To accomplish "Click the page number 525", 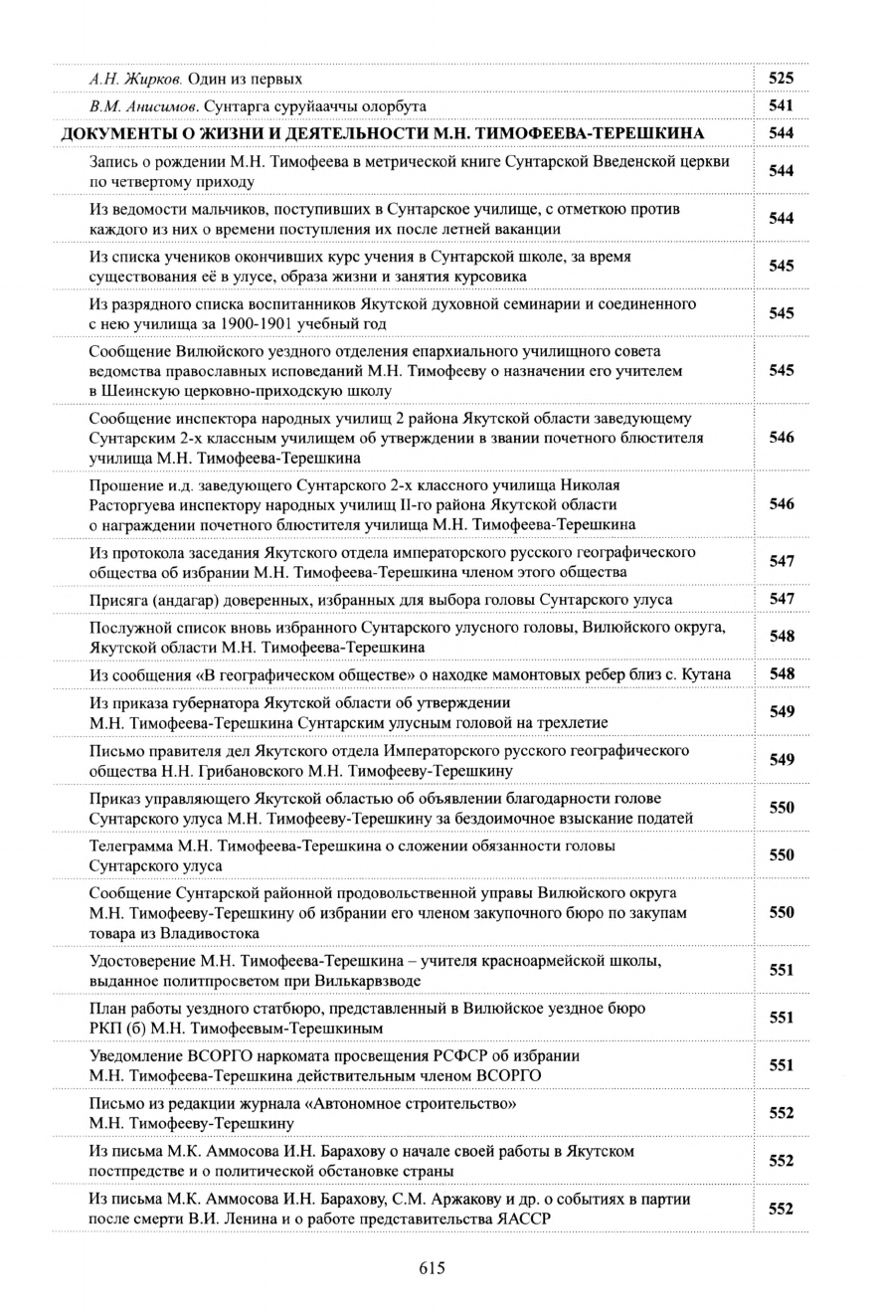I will pyautogui.click(x=781, y=78).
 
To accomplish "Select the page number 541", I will pyautogui.click(x=781, y=105).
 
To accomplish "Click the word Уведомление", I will pyautogui.click(x=136, y=1055).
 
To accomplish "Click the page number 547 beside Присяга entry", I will pyautogui.click(x=781, y=599).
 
